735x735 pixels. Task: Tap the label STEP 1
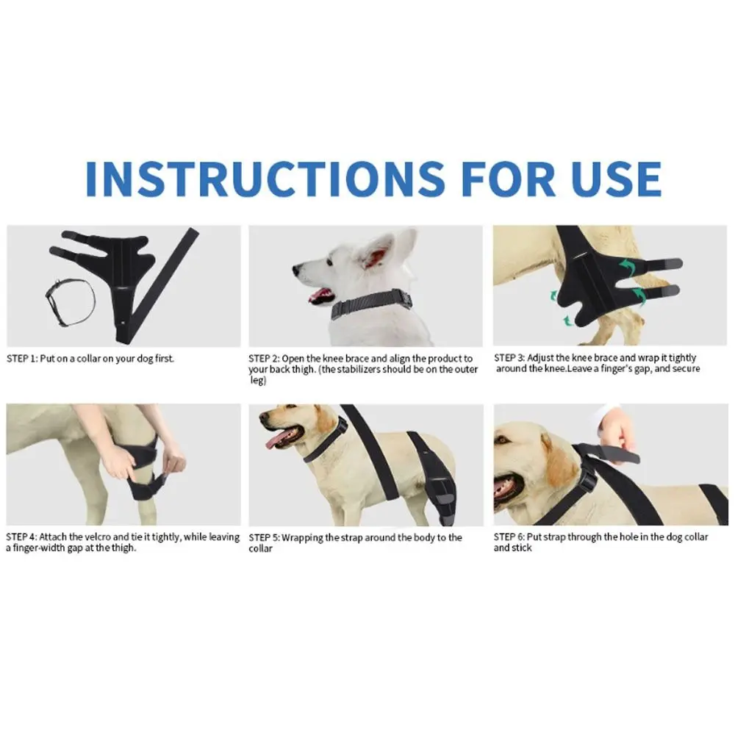(21, 359)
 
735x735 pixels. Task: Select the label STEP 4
(21, 537)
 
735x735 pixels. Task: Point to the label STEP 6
(509, 537)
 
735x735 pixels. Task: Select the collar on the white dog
(371, 305)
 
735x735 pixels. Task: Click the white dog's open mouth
(321, 295)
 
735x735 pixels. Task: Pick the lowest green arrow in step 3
(569, 320)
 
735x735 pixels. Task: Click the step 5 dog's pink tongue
(276, 440)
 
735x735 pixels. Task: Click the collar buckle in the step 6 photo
(586, 478)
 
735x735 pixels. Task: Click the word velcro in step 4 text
(101, 537)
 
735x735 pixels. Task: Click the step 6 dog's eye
(505, 440)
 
